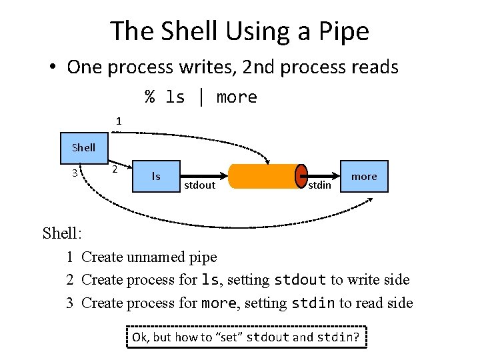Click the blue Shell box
tap(83, 147)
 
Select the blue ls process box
tap(156, 177)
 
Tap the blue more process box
tap(364, 177)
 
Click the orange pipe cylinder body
tap(263, 176)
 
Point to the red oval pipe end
tap(301, 176)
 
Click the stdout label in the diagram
tap(199, 185)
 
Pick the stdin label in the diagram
tap(319, 185)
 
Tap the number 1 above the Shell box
tap(119, 121)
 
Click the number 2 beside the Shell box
tap(115, 169)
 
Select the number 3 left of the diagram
tap(75, 173)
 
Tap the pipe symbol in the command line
tap(201, 97)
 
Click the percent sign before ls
tap(150, 97)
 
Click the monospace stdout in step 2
tap(300, 280)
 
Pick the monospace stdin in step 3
tap(313, 303)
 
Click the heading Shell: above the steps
tap(62, 233)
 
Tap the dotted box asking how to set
tap(245, 337)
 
